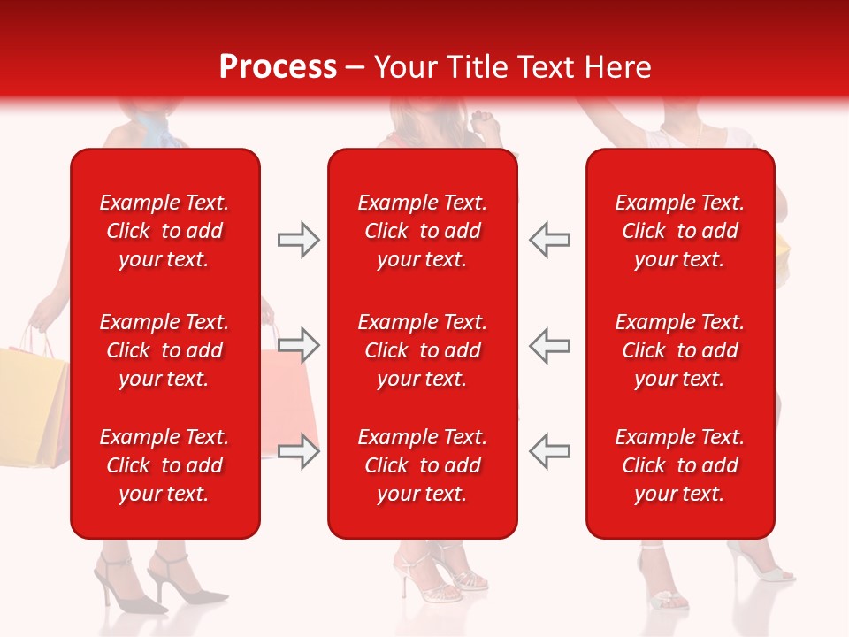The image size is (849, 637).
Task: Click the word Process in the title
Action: point(278,67)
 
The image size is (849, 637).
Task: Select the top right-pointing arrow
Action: point(299,240)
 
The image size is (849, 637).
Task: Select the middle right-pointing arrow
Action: point(299,345)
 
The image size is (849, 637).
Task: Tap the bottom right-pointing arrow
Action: point(299,451)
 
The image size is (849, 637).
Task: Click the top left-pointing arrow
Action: point(549,240)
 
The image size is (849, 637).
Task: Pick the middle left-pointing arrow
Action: point(549,345)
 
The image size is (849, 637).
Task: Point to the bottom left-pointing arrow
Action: point(549,451)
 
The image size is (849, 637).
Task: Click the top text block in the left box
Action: point(164,231)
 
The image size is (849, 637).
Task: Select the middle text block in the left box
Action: point(164,350)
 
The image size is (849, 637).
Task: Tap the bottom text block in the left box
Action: point(164,465)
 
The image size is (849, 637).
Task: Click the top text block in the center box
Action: point(422,231)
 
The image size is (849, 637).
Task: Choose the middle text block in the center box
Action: point(422,350)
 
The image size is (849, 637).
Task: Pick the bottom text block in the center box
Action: point(422,465)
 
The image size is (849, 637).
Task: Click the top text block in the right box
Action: point(679,231)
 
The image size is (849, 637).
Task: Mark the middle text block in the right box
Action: point(679,350)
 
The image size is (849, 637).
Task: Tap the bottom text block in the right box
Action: point(679,465)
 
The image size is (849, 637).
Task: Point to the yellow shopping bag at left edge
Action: point(31,403)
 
